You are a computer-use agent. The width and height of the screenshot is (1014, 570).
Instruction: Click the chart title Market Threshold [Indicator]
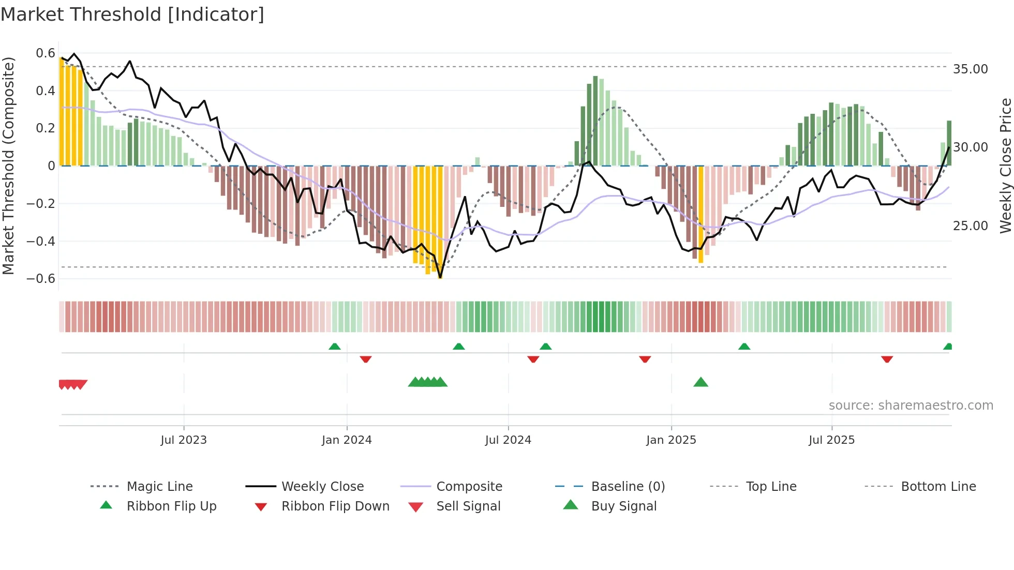tap(132, 14)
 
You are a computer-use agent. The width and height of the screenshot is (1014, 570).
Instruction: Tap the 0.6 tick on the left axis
tap(46, 53)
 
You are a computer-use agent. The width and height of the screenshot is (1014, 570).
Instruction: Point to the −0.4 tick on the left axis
tap(41, 241)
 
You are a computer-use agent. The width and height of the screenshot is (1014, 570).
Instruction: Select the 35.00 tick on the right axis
tap(970, 69)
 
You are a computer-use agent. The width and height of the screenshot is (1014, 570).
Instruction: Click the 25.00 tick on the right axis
tap(970, 226)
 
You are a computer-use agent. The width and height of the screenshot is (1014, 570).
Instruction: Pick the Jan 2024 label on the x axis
tap(347, 440)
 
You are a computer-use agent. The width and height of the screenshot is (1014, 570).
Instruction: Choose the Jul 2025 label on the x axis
tap(831, 440)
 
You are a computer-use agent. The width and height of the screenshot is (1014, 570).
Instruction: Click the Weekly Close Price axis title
tap(1005, 166)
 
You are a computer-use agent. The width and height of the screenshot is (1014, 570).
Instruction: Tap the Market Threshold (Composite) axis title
tap(8, 166)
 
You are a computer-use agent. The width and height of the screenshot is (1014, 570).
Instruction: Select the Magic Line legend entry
tap(159, 487)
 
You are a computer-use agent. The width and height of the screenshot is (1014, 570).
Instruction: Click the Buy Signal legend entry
tap(623, 506)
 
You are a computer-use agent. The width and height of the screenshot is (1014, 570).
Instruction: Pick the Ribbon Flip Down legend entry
tap(335, 506)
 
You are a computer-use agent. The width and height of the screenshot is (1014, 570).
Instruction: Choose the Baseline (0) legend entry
tap(628, 487)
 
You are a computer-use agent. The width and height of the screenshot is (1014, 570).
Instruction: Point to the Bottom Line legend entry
tap(938, 487)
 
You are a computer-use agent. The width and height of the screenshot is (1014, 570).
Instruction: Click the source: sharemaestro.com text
tap(911, 406)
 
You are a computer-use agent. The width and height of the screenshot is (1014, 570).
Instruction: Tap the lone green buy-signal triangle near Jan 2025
tap(700, 382)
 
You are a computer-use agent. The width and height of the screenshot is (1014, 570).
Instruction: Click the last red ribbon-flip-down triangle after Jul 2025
tap(887, 359)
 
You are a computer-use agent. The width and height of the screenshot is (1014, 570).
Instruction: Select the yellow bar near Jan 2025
tap(701, 215)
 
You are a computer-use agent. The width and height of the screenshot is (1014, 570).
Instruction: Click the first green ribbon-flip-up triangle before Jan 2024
tap(334, 347)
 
